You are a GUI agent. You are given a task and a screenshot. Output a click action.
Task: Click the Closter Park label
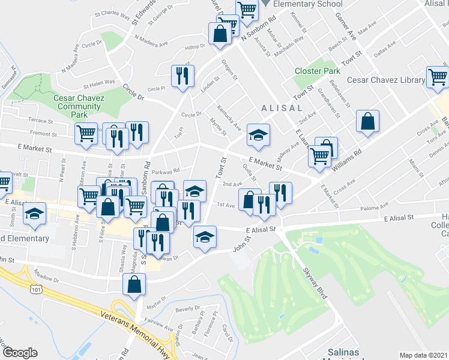click(x=317, y=71)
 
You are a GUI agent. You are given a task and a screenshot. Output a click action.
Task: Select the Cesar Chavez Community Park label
click(x=79, y=106)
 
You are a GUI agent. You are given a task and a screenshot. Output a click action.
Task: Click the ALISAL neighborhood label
click(x=282, y=108)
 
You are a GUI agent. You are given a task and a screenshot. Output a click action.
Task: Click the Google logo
click(x=20, y=353)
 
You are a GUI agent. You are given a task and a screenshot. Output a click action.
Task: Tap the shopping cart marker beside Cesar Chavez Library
click(x=438, y=77)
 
